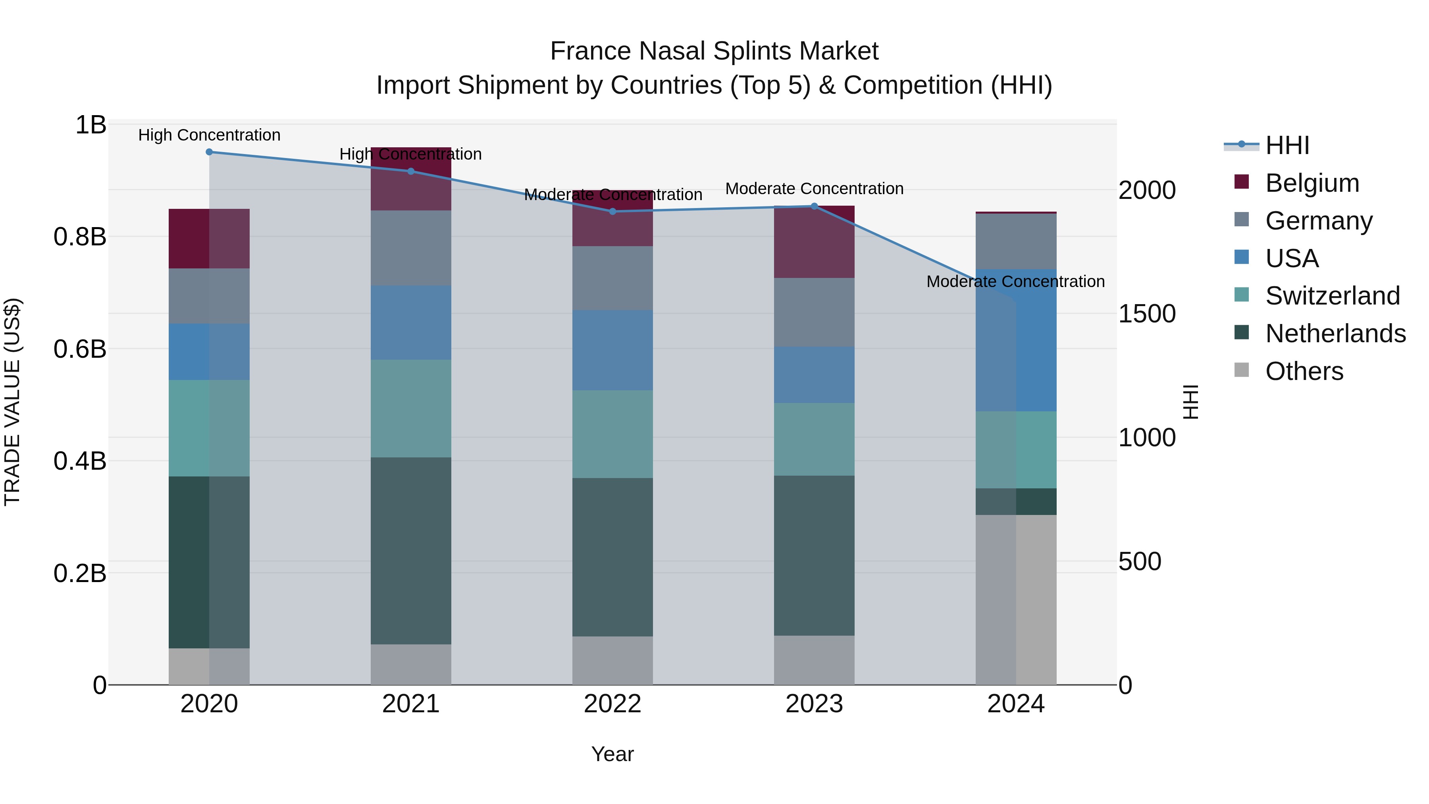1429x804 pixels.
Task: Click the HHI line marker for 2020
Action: point(209,152)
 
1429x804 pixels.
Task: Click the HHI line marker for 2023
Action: point(815,206)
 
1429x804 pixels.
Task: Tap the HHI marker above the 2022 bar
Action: point(612,211)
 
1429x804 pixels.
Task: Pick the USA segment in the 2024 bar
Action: point(1016,340)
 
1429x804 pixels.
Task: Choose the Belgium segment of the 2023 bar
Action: point(815,242)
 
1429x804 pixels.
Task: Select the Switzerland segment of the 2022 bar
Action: point(612,434)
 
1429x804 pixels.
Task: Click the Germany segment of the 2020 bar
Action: point(209,296)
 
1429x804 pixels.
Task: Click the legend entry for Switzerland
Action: point(1331,296)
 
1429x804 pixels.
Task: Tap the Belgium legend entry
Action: point(1312,183)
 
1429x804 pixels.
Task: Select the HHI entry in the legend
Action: point(1287,145)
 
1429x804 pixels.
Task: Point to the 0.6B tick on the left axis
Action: point(80,349)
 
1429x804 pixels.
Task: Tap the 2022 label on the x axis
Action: point(612,704)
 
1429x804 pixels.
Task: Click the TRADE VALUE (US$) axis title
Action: point(12,402)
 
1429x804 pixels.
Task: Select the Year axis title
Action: point(612,754)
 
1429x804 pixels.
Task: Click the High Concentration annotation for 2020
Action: point(209,135)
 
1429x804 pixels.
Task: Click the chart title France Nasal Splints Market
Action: point(714,51)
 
